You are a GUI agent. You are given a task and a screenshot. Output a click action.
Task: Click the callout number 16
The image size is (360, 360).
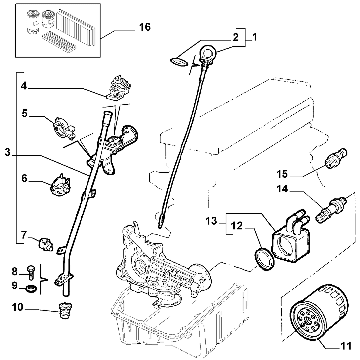(145, 27)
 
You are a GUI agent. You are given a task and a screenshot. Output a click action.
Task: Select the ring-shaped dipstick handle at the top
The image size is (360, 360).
(208, 52)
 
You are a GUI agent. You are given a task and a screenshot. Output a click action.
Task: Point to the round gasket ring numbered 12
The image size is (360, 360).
(264, 259)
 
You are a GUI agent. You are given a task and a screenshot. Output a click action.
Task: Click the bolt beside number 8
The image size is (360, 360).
(31, 272)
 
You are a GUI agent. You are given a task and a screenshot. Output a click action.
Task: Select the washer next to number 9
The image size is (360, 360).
(31, 289)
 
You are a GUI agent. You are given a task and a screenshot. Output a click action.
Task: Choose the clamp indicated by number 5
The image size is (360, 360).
(64, 128)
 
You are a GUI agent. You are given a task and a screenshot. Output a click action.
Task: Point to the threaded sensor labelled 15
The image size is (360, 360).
(336, 158)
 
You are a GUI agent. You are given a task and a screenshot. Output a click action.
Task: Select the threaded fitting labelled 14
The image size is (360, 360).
(331, 208)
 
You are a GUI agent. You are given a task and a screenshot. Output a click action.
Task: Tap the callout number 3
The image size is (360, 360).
(8, 152)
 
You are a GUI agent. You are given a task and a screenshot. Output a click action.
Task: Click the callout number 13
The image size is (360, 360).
(211, 221)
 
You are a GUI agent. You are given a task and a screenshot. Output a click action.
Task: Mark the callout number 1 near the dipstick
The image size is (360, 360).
(254, 37)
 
